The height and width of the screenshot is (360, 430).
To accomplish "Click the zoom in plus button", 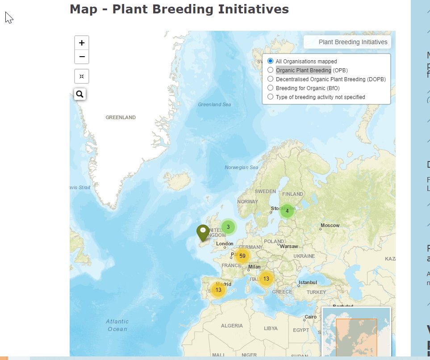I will pos(82,43).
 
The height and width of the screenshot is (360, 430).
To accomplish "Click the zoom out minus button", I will pos(82,57).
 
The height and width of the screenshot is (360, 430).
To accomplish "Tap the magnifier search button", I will pos(80,94).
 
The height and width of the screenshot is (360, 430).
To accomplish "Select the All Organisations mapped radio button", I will pos(270,61).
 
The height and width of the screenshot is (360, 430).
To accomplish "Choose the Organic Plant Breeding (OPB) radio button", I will pos(270,70).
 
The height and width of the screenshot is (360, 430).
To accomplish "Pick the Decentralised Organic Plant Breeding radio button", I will pos(270,79).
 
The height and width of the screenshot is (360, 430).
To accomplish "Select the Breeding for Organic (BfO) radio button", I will pos(270,88).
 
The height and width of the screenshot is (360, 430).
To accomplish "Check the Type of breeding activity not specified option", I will pos(270,97).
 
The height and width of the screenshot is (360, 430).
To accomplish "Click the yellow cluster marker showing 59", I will pos(242,256).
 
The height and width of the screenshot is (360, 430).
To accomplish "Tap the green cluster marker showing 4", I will pos(287,211).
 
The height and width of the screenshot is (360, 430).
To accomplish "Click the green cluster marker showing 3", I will pos(228,227).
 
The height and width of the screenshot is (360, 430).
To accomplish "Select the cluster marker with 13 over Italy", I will pos(266,279).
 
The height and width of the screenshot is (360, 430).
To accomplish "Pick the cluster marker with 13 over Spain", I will pos(218,290).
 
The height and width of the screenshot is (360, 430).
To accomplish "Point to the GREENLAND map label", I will pos(121,117).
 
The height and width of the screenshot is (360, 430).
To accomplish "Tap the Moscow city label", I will pos(330,225).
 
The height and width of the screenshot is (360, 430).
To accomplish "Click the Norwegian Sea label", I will pos(241,168).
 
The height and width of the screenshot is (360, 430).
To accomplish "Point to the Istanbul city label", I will pos(308,282).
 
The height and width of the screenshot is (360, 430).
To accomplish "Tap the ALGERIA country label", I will pos(232,326).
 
